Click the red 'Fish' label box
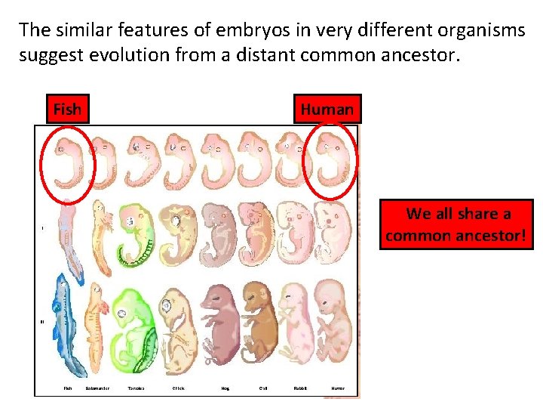coord(67,110)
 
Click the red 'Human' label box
coord(327,110)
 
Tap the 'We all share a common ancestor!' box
coord(456,225)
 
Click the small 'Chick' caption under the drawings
coord(178,388)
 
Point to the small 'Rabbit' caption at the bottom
coord(299,388)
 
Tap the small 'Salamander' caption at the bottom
coord(97,388)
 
